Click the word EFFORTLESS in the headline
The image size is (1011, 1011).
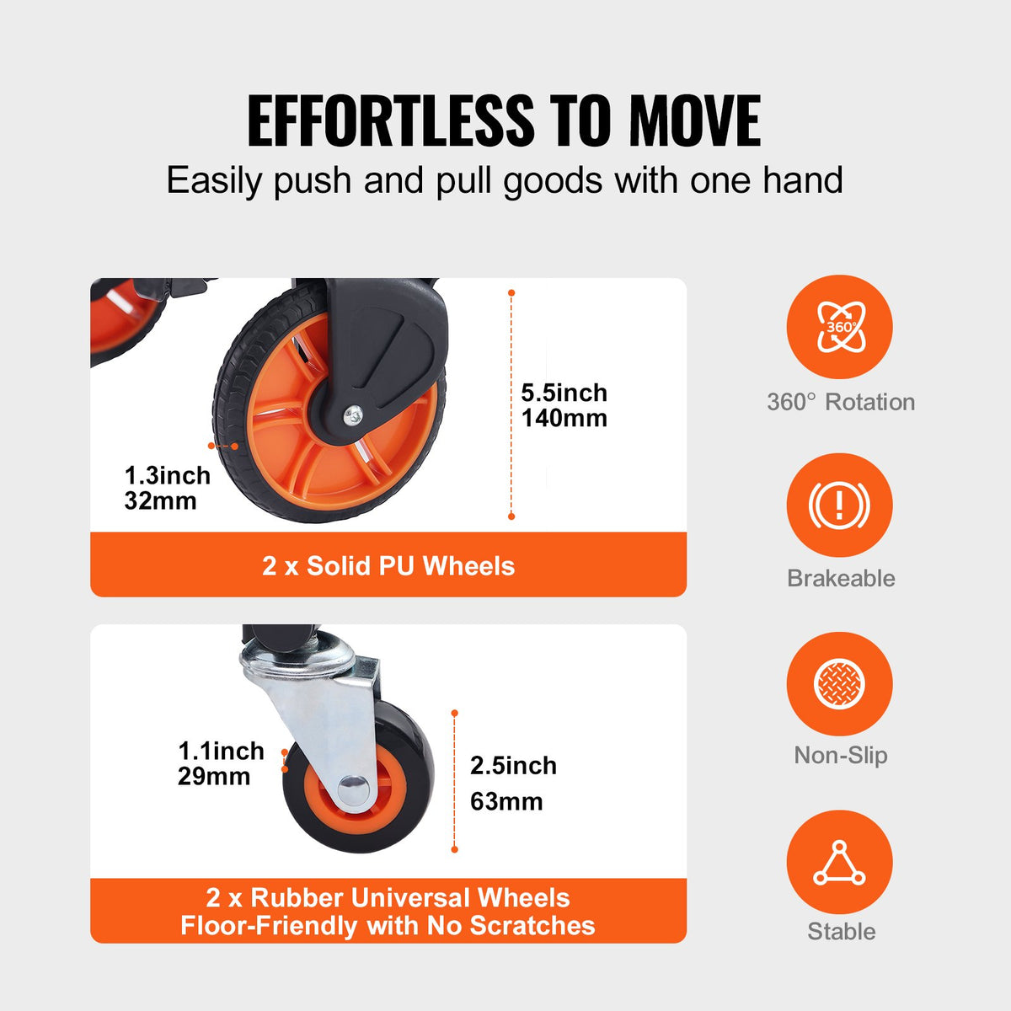[x=390, y=121]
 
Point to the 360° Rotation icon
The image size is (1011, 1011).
[x=839, y=327]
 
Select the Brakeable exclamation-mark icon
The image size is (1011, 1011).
[x=839, y=505]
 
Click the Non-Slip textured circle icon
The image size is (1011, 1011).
[x=839, y=683]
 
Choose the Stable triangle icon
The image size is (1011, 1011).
[x=839, y=862]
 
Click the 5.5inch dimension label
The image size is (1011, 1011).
[x=564, y=393]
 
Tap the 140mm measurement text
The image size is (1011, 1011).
[x=564, y=418]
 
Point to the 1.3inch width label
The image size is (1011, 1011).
[x=167, y=475]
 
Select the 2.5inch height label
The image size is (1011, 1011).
[x=513, y=766]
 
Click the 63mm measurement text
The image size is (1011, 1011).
[x=505, y=801]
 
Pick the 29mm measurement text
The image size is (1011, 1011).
[x=213, y=776]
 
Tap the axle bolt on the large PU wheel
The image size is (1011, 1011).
[x=353, y=413]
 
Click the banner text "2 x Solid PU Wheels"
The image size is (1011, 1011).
[x=388, y=565]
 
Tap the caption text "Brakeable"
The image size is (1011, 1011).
[x=841, y=578]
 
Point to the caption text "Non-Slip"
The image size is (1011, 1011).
[x=841, y=755]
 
